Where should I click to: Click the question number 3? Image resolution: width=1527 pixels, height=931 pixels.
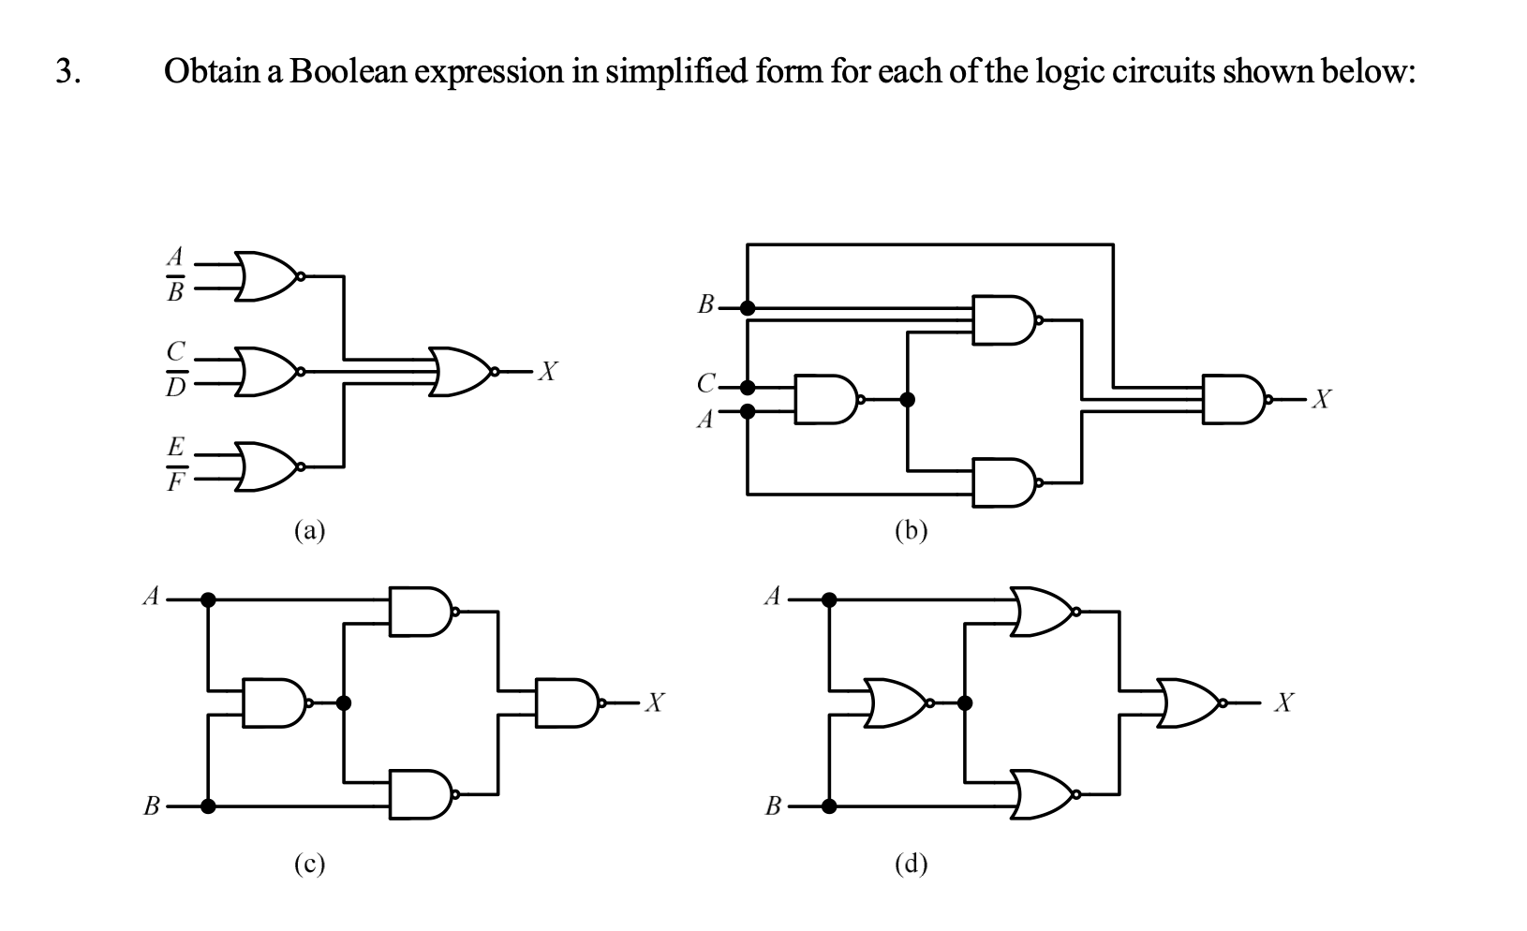66,71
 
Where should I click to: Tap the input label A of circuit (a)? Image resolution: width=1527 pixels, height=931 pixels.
174,256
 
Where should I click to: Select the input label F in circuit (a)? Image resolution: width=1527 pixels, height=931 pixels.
174,484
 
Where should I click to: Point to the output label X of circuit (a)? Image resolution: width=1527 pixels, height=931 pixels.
551,372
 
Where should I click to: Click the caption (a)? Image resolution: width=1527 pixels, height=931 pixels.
309,531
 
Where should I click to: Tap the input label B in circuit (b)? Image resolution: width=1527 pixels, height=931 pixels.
706,304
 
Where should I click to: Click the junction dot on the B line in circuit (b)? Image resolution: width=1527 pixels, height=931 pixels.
747,306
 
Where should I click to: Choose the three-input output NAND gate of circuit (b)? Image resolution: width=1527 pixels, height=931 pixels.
1233,400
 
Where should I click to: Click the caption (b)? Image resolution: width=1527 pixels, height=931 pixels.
911,531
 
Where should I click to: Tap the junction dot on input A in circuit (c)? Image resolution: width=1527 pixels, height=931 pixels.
208,599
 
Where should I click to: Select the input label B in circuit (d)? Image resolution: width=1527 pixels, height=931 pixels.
773,805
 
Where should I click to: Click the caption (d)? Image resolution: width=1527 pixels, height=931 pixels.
911,864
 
